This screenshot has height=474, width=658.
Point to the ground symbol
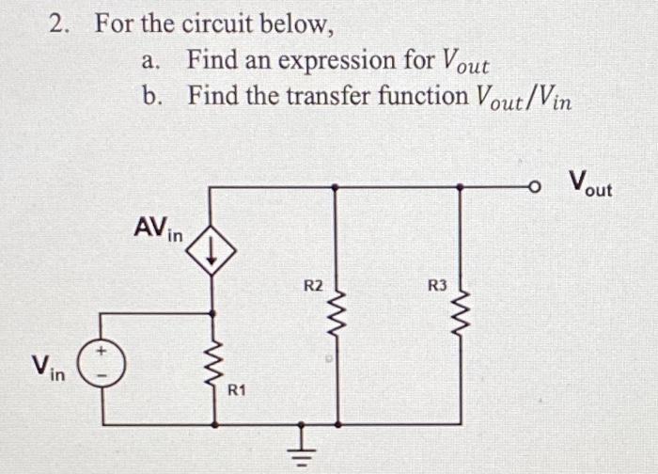coord(300,448)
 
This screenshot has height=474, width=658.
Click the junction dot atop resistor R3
coord(459,188)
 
